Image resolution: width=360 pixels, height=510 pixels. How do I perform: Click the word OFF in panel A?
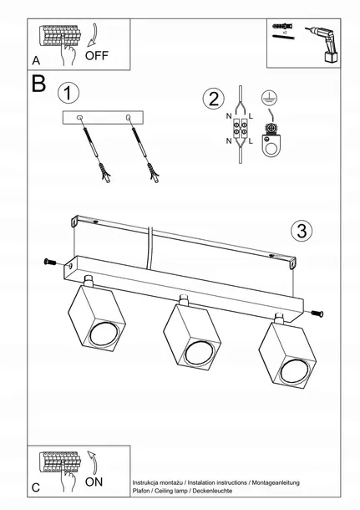point(97,56)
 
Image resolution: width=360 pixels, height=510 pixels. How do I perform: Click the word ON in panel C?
point(94,482)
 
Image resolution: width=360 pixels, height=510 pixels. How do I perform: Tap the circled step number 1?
point(68,93)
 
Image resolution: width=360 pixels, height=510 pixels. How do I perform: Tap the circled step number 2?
point(214,99)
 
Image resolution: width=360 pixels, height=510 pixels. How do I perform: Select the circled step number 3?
point(302,231)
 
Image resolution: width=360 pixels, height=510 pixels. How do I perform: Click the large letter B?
point(38,84)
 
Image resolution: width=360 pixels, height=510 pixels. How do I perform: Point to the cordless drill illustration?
point(323,44)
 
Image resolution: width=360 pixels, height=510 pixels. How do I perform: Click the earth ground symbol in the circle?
point(270,98)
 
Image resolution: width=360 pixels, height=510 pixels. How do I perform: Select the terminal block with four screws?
point(240,128)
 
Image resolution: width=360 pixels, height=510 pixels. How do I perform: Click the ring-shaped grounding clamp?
point(271,146)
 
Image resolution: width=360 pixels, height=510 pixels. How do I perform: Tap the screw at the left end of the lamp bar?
point(50,261)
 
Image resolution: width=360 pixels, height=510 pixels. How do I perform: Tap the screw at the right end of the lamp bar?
point(317,314)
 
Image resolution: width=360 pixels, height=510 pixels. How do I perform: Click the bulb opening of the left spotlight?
point(104,333)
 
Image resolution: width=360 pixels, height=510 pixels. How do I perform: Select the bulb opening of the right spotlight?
point(294,370)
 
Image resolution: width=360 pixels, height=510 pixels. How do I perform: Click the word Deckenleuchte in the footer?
point(212,491)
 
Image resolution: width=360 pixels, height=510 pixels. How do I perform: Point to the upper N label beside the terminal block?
point(229,115)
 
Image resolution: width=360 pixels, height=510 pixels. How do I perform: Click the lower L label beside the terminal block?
point(251,141)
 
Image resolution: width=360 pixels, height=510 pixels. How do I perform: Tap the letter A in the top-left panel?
point(36,60)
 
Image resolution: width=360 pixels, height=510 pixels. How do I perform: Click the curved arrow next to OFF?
point(94,34)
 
